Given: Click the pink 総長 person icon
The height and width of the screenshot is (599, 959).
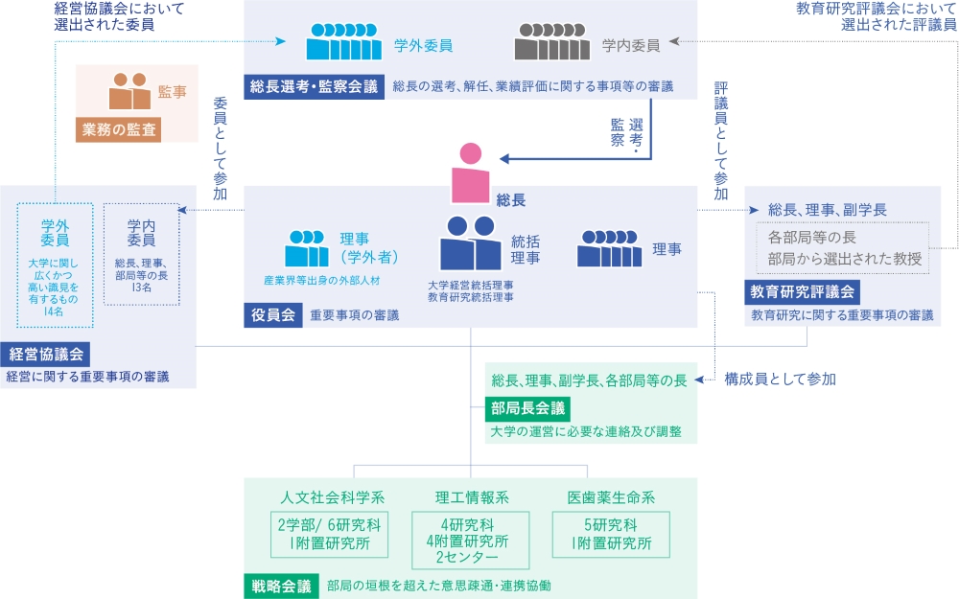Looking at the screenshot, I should (x=470, y=173).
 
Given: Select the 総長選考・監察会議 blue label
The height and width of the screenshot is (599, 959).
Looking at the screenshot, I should (x=313, y=86).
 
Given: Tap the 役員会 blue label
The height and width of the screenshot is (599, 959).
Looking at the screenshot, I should (x=273, y=314).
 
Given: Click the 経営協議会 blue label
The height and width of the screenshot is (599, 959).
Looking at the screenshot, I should (x=48, y=352).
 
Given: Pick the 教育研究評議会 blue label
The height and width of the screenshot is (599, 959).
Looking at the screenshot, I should (x=803, y=290).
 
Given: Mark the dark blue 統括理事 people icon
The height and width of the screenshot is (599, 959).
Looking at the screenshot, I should (x=470, y=243).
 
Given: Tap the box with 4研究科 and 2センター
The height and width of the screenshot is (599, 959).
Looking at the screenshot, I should (x=470, y=540).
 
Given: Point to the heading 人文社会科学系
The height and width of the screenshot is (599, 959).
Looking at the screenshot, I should (x=333, y=496).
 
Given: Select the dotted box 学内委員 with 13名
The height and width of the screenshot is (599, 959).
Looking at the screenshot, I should (x=141, y=253).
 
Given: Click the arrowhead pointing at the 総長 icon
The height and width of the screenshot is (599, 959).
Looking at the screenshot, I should (x=503, y=160).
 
